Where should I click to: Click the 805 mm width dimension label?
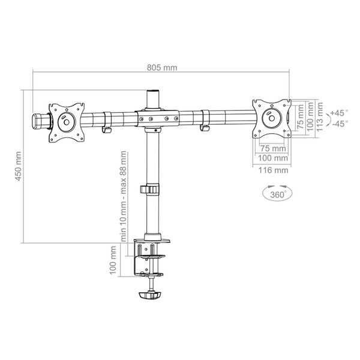click(162, 68)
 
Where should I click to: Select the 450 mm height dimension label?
click(18, 166)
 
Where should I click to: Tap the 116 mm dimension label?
click(273, 170)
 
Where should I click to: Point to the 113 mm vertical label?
click(320, 116)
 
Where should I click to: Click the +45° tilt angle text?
click(339, 113)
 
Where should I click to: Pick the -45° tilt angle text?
click(340, 124)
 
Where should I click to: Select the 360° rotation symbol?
click(277, 193)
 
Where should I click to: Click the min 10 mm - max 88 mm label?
click(123, 196)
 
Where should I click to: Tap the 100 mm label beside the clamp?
click(113, 260)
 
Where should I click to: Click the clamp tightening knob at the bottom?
click(151, 295)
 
